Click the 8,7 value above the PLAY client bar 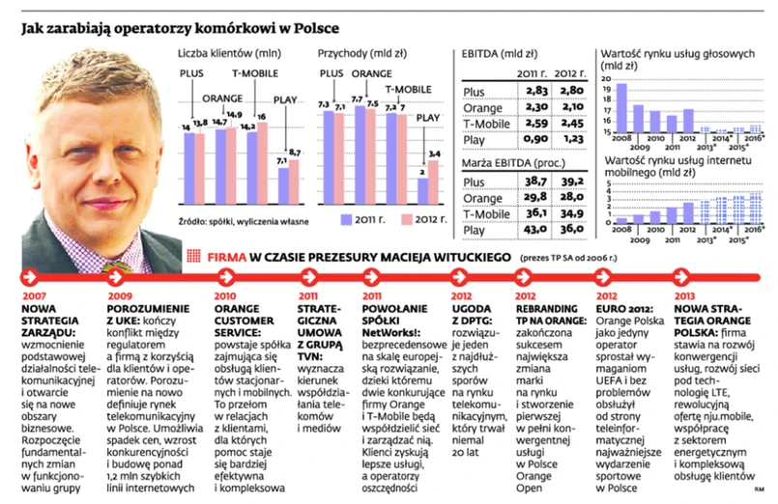pyautogui.click(x=294, y=153)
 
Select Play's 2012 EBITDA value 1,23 pyautogui.click(x=573, y=139)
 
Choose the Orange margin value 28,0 pyautogui.click(x=573, y=197)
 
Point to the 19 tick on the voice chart pyautogui.click(x=606, y=89)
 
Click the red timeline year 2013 pyautogui.click(x=685, y=295)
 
